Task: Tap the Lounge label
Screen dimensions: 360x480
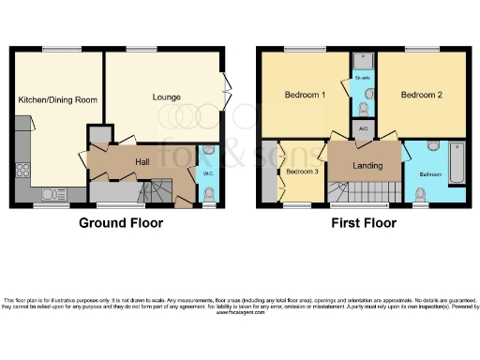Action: (166, 97)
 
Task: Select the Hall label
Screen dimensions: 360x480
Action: (142, 162)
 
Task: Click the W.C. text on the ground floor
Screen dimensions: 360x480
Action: (207, 173)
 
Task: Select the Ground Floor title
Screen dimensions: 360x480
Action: (120, 223)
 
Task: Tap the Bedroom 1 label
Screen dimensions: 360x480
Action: (305, 95)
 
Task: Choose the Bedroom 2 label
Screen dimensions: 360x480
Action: (421, 95)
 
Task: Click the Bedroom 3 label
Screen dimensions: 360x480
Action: (302, 172)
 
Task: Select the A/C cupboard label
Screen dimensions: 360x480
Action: (363, 127)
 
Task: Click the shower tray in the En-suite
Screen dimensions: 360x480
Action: (364, 63)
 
